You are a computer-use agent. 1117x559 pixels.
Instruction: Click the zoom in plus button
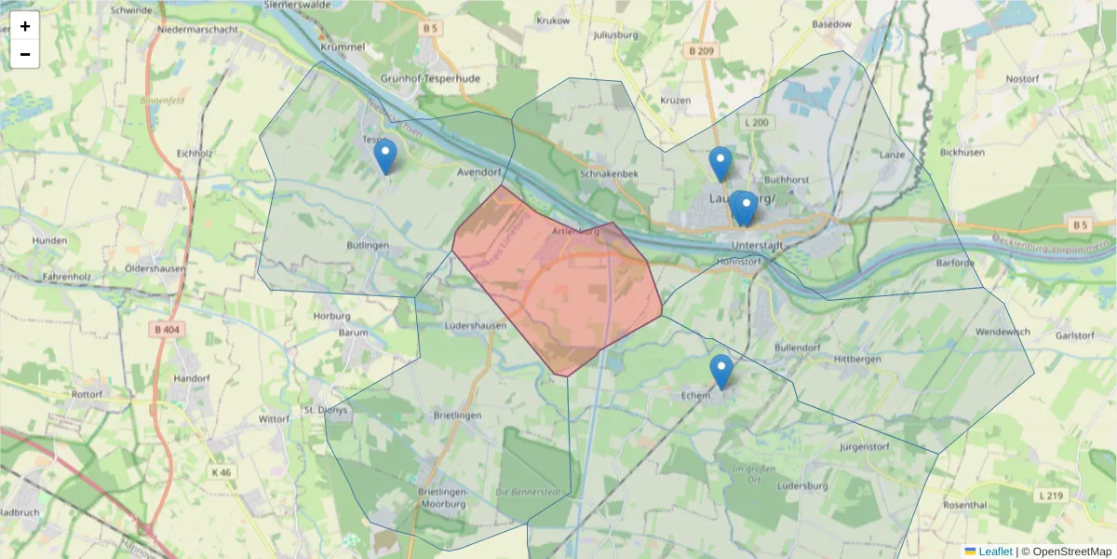tap(25, 26)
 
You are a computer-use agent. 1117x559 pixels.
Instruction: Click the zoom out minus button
tap(25, 54)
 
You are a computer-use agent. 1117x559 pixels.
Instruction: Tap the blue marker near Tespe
tap(384, 157)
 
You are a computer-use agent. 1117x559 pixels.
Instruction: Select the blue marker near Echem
tap(720, 371)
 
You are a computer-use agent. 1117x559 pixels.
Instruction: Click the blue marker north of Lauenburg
tap(720, 163)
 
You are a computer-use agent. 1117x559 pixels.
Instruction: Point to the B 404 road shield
tap(164, 329)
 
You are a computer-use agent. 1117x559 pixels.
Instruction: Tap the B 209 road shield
tap(703, 50)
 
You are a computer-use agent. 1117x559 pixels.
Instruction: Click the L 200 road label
tap(757, 122)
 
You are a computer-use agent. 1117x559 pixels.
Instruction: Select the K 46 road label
tap(221, 472)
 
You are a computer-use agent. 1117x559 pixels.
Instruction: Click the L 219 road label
tap(1052, 495)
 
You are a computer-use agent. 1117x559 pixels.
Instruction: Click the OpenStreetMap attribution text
tap(1066, 552)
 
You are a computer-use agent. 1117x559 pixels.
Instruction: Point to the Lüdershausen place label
tap(476, 325)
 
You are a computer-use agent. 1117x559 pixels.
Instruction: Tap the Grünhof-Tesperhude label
tap(430, 79)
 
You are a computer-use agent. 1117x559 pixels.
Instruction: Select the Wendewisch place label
tap(1002, 332)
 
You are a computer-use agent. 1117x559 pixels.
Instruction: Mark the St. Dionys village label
tap(326, 409)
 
